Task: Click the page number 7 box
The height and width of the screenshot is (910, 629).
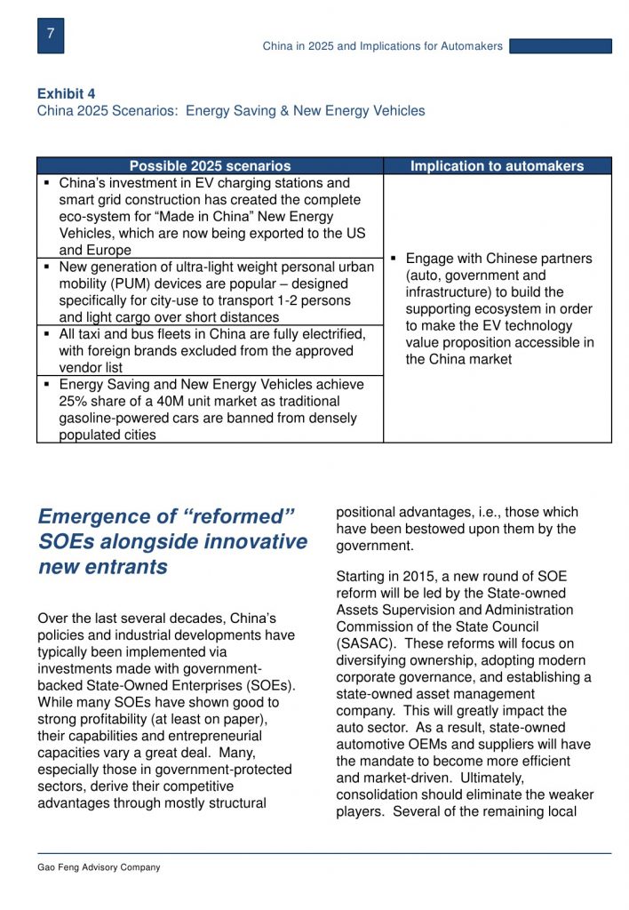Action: click(x=51, y=35)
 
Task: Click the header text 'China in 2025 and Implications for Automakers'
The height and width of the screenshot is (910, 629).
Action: click(x=382, y=46)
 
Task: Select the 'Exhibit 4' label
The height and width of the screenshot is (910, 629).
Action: click(x=67, y=93)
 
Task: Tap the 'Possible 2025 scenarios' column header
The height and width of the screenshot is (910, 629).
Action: click(x=210, y=166)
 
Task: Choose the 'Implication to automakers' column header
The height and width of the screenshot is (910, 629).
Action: click(x=497, y=166)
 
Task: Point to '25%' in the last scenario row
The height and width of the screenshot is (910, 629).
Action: click(x=74, y=402)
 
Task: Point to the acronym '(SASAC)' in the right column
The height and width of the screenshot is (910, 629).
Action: click(x=363, y=643)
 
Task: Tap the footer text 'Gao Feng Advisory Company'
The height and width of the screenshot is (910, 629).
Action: click(x=99, y=867)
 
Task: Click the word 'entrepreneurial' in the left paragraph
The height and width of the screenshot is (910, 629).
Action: click(x=212, y=736)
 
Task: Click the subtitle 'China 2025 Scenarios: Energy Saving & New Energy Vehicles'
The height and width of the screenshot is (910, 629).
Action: click(x=231, y=111)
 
